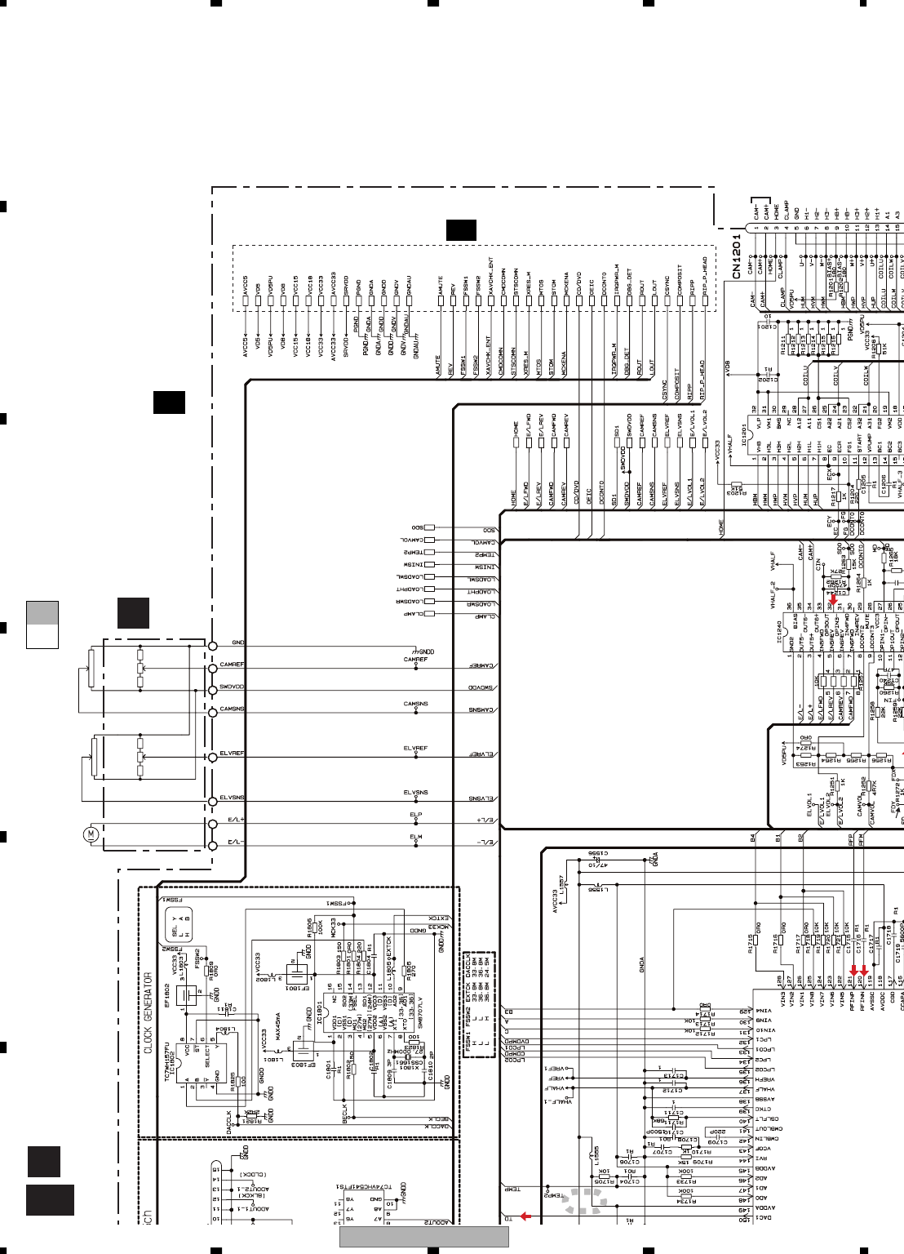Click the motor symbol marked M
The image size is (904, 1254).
91,834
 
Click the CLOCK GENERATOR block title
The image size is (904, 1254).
148,1012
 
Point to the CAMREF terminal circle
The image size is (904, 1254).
212,667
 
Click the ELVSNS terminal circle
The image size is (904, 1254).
212,799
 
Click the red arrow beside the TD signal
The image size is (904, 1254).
526,1216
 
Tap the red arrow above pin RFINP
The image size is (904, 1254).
853,972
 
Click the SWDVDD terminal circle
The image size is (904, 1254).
212,688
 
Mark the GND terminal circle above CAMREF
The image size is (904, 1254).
212,646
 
